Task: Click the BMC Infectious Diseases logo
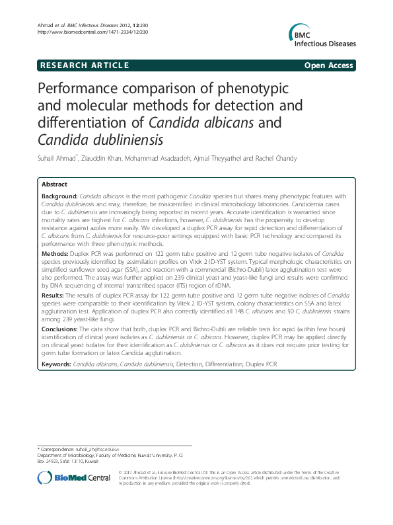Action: tap(322, 36)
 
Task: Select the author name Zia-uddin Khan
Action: tap(104, 159)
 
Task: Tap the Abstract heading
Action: tap(54, 184)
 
